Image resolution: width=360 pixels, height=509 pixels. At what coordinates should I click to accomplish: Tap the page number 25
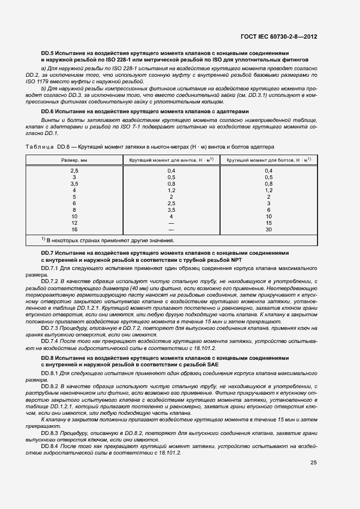(313, 463)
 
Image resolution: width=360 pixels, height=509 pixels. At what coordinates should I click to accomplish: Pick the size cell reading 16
(74, 229)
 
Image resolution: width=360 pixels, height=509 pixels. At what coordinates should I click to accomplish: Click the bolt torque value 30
(268, 229)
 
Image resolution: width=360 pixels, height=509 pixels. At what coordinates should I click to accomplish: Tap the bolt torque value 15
(268, 223)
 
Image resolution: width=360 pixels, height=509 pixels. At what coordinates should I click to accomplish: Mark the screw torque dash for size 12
(171, 223)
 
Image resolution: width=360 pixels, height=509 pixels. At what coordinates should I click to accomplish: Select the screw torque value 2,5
(171, 203)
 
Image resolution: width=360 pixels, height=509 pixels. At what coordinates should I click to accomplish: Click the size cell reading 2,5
(74, 170)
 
